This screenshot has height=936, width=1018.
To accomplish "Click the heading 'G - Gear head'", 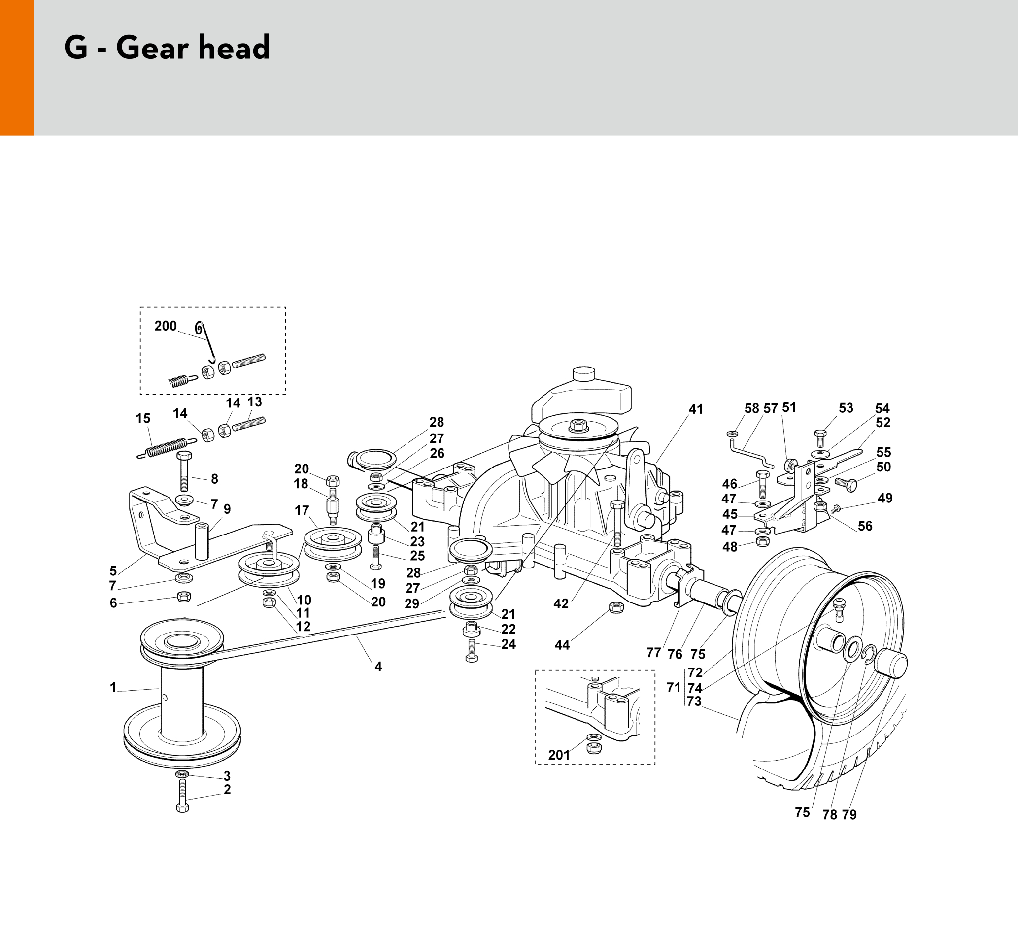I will [x=167, y=48].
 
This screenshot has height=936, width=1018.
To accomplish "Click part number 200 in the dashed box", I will [x=166, y=326].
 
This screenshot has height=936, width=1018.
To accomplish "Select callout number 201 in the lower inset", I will [x=559, y=755].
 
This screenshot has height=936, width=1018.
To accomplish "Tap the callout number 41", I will [x=696, y=409].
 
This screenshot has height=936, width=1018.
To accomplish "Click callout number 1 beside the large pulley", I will [x=113, y=687].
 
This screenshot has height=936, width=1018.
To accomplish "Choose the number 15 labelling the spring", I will [x=143, y=418].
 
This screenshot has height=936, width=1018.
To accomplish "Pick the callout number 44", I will [x=562, y=645].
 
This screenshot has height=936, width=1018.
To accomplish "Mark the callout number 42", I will [x=561, y=604].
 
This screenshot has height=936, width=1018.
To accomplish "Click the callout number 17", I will [x=302, y=510].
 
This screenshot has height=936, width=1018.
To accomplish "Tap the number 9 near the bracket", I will [x=227, y=509].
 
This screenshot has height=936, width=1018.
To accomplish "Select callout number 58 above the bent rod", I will [x=751, y=409].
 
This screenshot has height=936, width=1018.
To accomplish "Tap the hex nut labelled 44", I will [x=616, y=607].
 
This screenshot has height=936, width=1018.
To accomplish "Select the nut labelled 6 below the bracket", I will [x=184, y=596].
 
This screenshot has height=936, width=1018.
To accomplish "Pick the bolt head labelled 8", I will [x=184, y=455].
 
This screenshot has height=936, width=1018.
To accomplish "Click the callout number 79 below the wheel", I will [x=849, y=815].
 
